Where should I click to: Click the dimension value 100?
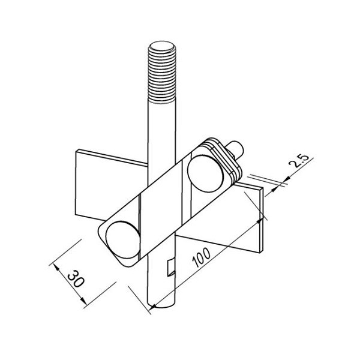tap(202, 257)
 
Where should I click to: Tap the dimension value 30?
tap(76, 278)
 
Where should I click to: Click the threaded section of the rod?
tap(162, 73)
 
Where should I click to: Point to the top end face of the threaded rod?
tap(162, 46)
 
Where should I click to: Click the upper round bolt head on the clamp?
tap(205, 173)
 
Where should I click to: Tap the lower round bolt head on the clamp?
tap(123, 240)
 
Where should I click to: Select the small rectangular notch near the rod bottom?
tap(171, 268)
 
